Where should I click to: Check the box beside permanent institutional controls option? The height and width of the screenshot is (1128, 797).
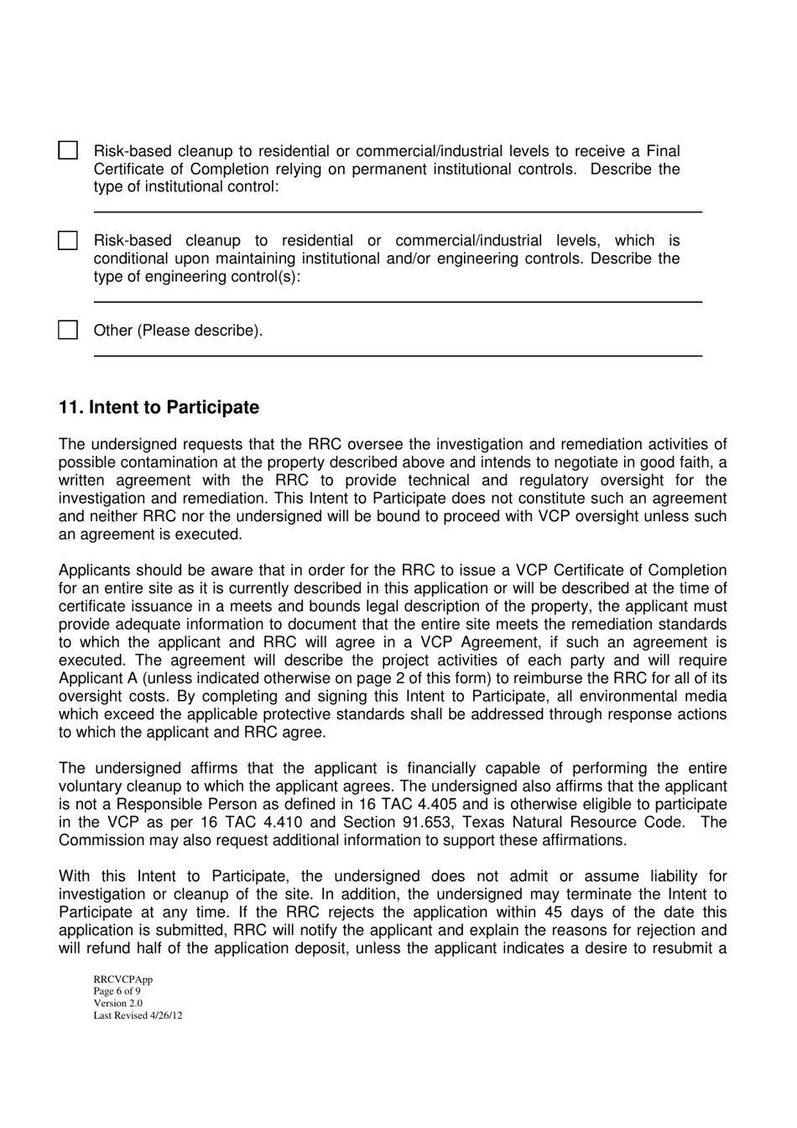(x=68, y=151)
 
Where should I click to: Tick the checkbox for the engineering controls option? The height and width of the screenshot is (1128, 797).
(x=68, y=241)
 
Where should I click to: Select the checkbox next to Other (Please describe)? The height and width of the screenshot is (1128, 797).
(x=68, y=330)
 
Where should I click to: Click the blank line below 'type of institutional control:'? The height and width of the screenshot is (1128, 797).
(x=397, y=211)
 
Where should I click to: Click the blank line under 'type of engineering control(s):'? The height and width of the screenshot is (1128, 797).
(x=397, y=301)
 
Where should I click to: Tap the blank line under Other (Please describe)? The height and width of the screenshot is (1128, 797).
(x=397, y=356)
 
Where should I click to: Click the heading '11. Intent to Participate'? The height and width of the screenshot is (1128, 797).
(x=159, y=407)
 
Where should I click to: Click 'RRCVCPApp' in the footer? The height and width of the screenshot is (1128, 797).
(x=122, y=979)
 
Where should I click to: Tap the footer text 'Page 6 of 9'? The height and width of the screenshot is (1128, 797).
(x=117, y=991)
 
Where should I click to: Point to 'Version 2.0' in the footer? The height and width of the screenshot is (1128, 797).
(x=117, y=1003)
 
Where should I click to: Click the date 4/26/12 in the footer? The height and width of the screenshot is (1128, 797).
(x=164, y=1015)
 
